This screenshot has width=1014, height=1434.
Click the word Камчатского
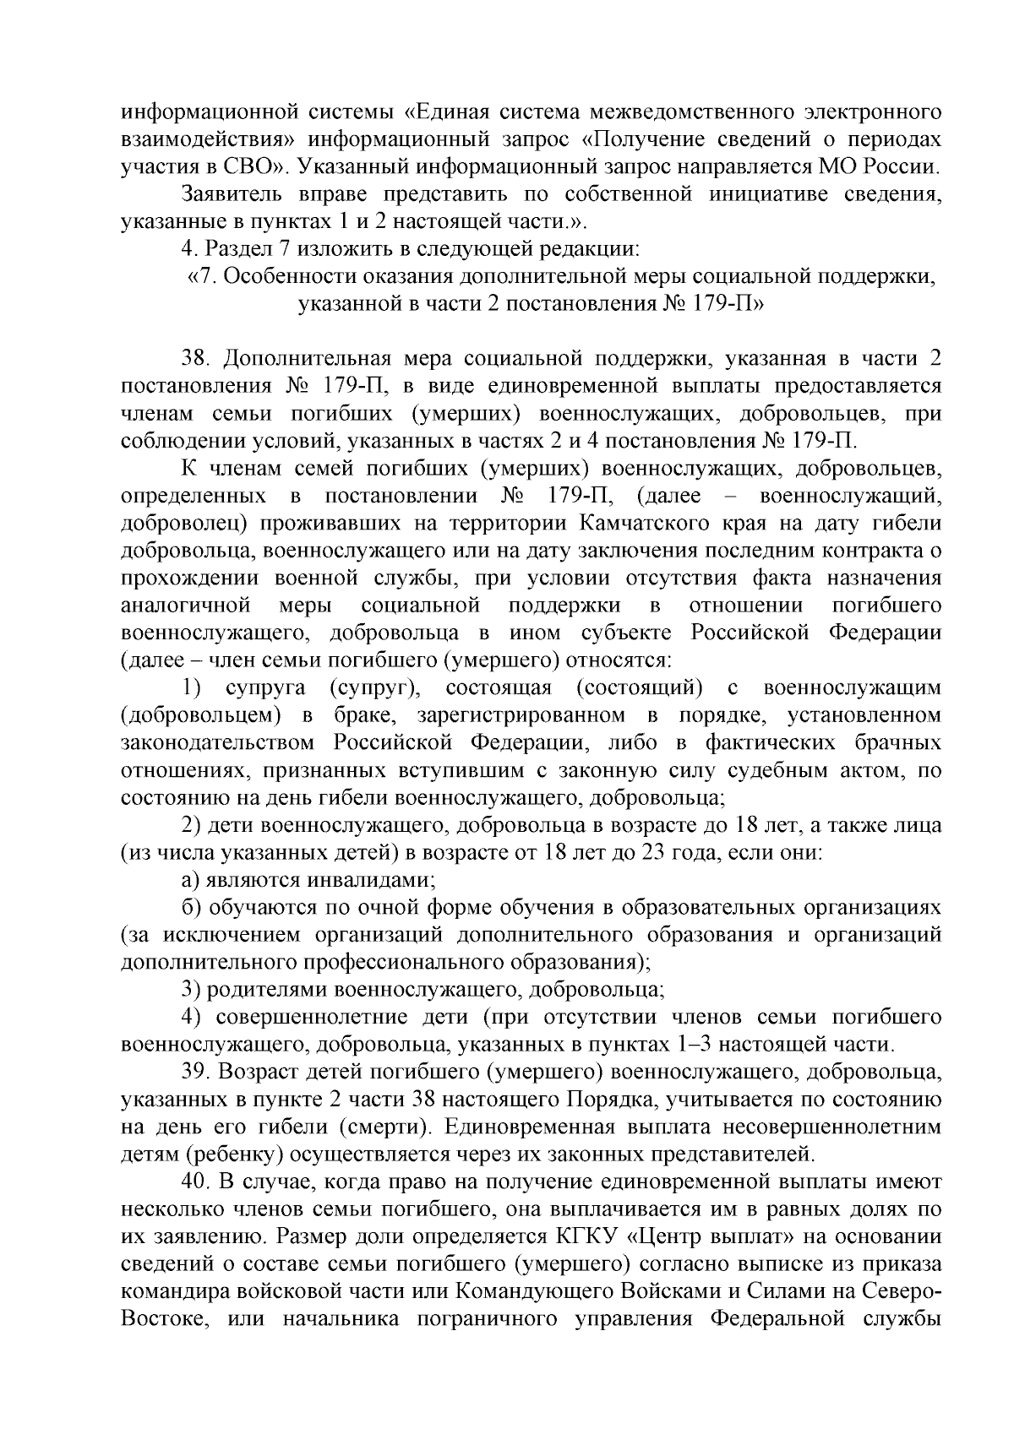[645, 523]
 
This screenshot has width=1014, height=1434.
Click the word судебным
[773, 770]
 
